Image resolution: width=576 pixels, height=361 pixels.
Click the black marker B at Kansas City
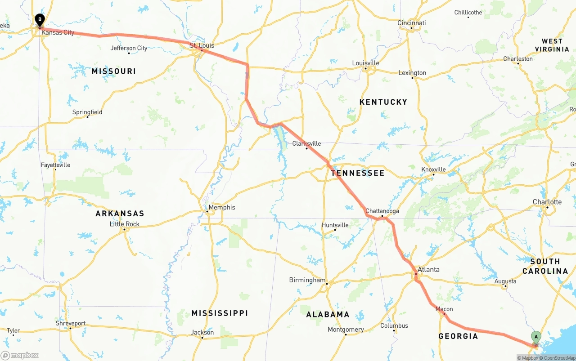[x=40, y=19]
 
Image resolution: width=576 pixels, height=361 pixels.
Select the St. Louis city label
[x=202, y=45]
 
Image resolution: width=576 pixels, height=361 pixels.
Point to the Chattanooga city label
[x=382, y=211]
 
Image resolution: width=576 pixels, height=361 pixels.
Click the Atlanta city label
[x=428, y=270]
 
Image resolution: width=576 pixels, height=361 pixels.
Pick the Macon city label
[x=444, y=309]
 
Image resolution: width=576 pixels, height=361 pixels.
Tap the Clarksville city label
[x=306, y=143]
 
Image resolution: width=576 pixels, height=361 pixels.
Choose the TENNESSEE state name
[x=358, y=173]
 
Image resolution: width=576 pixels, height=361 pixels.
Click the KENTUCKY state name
[x=383, y=102]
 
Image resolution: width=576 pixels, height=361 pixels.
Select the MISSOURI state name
[x=113, y=71]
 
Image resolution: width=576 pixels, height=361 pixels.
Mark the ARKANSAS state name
[x=120, y=214]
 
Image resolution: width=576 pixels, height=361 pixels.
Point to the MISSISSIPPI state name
[x=220, y=313]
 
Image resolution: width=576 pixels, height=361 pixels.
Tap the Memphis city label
[x=222, y=207]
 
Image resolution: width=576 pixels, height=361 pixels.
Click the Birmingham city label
[x=307, y=280]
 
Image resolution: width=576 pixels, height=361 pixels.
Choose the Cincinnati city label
[x=411, y=23]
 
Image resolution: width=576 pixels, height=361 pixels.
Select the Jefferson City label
[x=129, y=48]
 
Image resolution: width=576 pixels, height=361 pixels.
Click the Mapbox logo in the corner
[x=19, y=355]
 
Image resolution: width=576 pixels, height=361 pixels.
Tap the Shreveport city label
[x=71, y=323]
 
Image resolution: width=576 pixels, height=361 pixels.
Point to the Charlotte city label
[x=547, y=202]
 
